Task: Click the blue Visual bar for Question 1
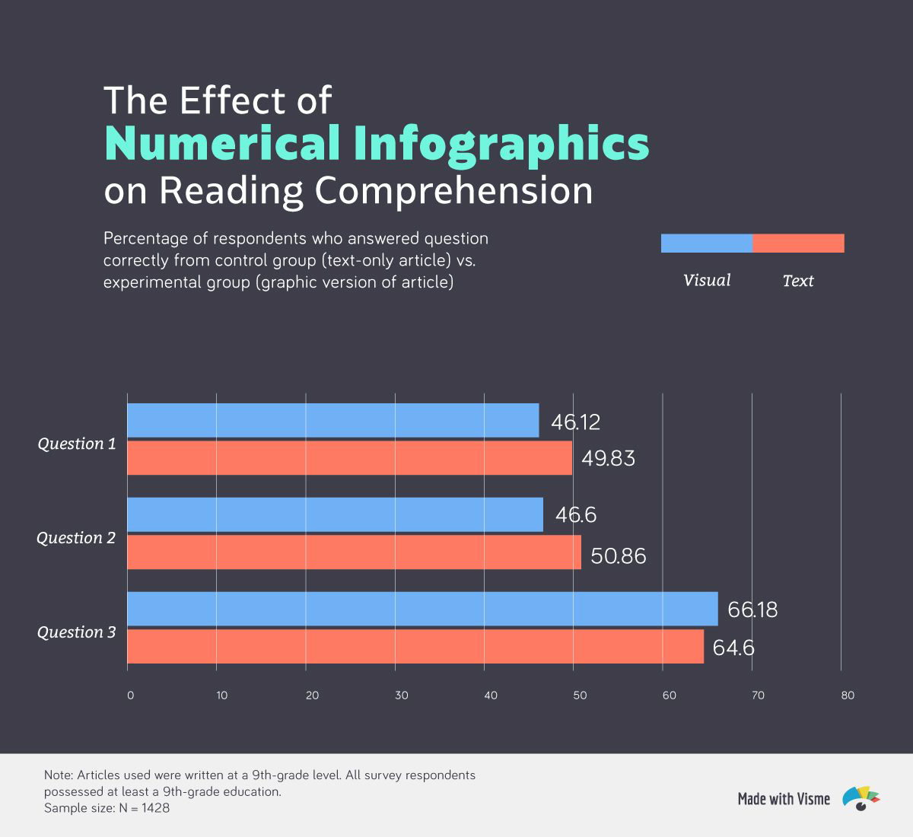click(332, 421)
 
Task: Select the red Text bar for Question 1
click(349, 458)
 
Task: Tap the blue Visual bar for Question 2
click(335, 515)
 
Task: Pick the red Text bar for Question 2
click(354, 552)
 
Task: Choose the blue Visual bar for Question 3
click(422, 609)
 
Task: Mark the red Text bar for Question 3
click(415, 646)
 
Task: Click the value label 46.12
click(576, 422)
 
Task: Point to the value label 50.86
click(618, 556)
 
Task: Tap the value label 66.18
click(752, 610)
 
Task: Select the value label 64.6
click(733, 648)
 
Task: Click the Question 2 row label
click(76, 538)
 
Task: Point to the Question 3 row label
click(76, 632)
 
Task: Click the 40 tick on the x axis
click(491, 695)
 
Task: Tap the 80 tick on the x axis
click(848, 695)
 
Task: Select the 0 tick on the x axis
click(130, 695)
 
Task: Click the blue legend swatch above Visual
click(707, 243)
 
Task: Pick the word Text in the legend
click(798, 281)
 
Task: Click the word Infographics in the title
click(501, 143)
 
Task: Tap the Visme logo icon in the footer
click(861, 798)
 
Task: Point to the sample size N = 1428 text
click(107, 808)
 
